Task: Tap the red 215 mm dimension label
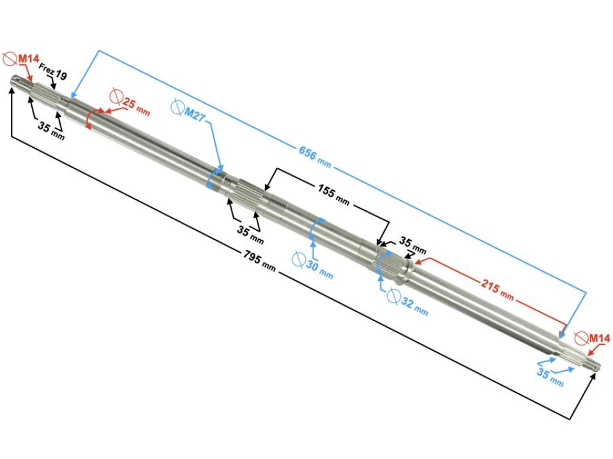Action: (497, 289)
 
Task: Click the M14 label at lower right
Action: (599, 338)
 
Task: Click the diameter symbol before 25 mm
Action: (116, 97)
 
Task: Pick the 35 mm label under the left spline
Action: (50, 130)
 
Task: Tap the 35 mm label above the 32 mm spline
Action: (412, 245)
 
